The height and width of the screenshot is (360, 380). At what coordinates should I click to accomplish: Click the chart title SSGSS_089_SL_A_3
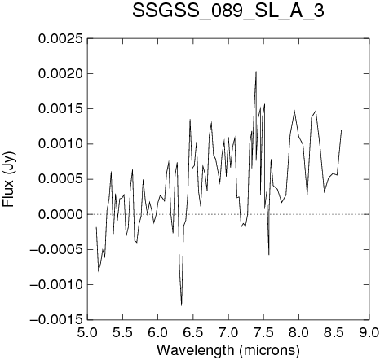228,11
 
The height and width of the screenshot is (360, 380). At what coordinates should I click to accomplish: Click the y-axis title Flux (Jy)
8,179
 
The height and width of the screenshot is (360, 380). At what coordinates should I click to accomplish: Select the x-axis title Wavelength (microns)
228,350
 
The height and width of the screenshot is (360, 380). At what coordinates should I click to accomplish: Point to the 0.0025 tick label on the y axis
60,38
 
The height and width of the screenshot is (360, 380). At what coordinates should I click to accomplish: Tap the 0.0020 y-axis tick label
60,73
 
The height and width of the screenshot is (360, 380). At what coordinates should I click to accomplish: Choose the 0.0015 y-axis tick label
60,109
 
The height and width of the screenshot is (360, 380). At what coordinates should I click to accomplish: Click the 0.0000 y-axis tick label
60,214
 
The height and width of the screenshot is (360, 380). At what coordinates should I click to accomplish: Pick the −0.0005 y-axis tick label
56,249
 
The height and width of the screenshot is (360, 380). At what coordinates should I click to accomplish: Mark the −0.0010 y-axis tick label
56,285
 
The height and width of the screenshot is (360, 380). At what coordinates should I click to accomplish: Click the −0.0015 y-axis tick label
56,320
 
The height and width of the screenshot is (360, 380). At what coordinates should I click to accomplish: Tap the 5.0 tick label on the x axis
87,332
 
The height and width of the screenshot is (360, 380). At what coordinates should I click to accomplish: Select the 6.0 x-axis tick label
157,332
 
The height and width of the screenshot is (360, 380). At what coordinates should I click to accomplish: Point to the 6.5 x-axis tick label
193,332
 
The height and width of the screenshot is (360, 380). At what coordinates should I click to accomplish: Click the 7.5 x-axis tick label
263,332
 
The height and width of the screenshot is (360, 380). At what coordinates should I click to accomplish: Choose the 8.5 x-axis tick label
334,332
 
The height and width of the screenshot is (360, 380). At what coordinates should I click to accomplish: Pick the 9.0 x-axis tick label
369,332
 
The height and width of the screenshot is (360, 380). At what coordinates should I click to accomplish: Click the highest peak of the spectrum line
256,72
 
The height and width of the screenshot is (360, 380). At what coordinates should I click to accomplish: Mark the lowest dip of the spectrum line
181,305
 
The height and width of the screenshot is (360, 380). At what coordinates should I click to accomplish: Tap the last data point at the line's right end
341,130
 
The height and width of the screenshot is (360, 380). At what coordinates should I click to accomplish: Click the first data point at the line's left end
96,227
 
